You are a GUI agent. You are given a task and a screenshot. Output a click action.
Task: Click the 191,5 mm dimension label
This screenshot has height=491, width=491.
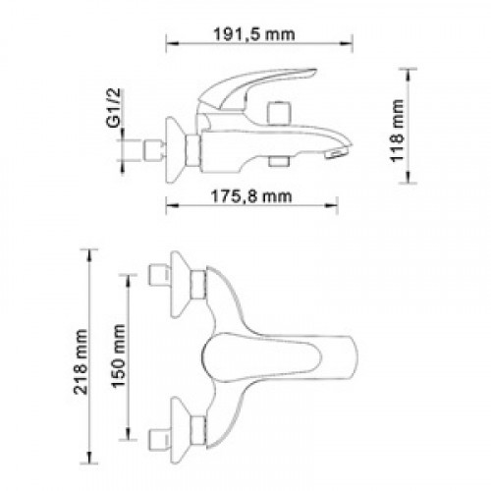click(254, 34)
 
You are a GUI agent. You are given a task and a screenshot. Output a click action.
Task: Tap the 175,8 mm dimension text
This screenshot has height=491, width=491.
click(251, 196)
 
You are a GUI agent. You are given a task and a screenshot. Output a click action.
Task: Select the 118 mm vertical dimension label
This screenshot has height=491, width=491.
click(397, 131)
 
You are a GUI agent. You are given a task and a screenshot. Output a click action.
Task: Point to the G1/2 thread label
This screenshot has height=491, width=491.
click(113, 107)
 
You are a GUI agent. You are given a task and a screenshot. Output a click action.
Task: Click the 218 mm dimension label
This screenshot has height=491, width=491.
click(81, 361)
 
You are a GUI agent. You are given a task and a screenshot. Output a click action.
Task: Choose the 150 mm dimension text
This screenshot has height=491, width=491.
click(118, 356)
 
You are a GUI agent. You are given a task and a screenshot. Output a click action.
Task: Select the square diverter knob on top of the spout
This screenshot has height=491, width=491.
click(279, 113)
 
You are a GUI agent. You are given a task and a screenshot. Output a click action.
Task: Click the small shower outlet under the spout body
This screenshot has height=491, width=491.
click(279, 161)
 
